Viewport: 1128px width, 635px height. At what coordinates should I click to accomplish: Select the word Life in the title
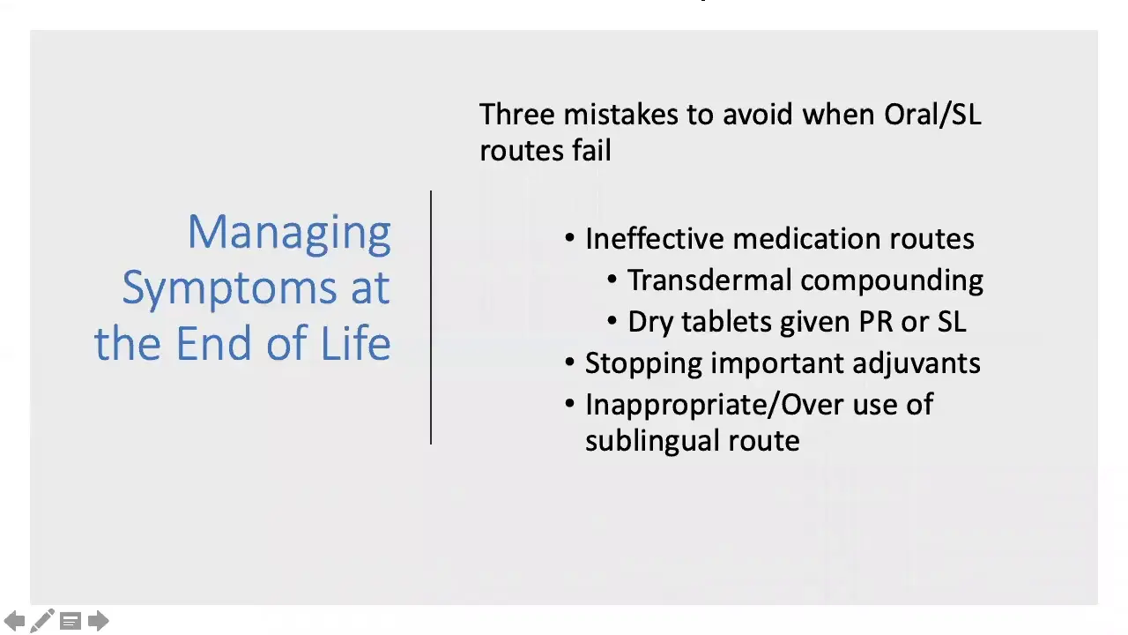point(355,343)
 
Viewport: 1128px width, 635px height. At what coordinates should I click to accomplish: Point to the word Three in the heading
point(517,115)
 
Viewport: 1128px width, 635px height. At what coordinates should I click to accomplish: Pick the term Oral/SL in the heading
point(932,115)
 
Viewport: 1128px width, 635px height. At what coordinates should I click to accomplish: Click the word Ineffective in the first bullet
point(655,239)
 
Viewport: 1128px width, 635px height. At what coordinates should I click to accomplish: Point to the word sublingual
point(652,441)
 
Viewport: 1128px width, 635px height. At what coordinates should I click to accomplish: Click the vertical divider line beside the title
point(431,317)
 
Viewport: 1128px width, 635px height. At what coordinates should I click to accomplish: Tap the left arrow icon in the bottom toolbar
point(15,621)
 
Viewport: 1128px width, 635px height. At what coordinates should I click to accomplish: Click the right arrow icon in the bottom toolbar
point(99,621)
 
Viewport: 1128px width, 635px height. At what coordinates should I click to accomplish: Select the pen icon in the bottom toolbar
point(41,621)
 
